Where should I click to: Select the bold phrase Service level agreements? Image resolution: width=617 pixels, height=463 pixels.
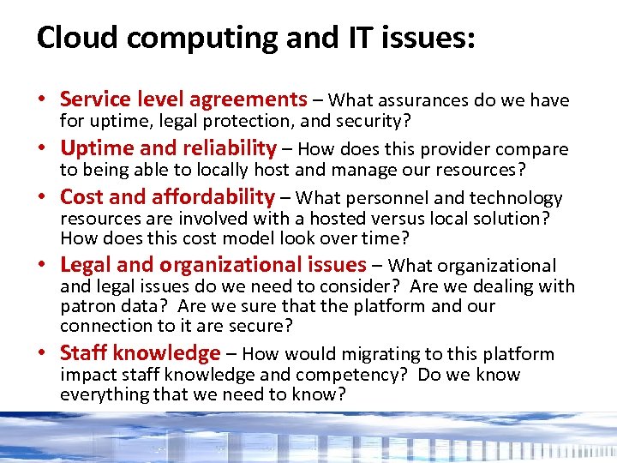coord(183,99)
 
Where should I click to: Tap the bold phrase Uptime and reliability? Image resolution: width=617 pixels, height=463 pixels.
coord(168,148)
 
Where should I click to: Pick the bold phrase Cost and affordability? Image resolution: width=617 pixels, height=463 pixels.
coord(167,197)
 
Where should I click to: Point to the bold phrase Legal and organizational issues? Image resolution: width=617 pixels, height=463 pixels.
coord(213,265)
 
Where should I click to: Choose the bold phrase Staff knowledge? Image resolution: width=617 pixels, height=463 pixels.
coord(141,352)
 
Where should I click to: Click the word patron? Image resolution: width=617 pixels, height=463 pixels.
coord(86,306)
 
